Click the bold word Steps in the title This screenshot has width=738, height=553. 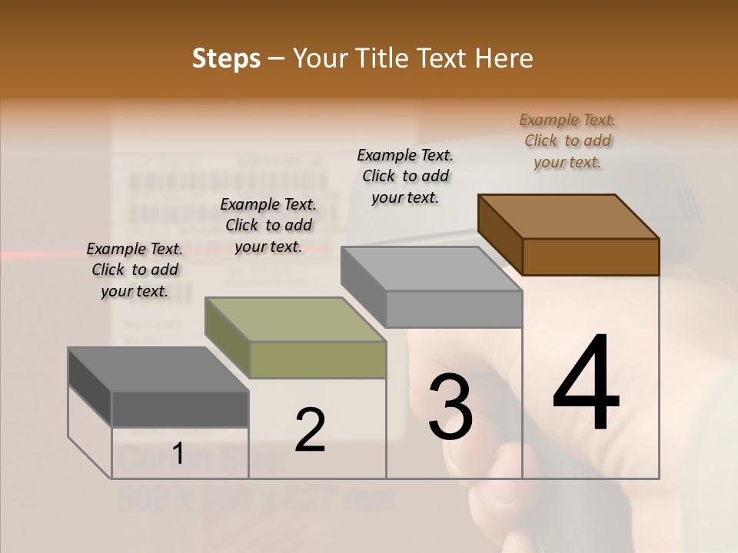(225, 59)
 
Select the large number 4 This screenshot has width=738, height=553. (586, 384)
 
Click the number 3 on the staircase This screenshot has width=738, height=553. (450, 406)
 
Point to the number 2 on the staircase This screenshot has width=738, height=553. (310, 429)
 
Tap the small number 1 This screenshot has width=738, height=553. (178, 453)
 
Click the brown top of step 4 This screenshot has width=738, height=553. (567, 217)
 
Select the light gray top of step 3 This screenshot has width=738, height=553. (430, 269)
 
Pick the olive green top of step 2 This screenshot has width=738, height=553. (294, 320)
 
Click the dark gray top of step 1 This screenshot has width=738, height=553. (157, 369)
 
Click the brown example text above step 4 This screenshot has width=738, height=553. (567, 141)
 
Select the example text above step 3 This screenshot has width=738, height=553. (405, 176)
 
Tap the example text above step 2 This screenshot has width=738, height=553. (268, 226)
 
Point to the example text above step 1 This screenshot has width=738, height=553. (135, 270)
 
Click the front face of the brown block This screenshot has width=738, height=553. (590, 257)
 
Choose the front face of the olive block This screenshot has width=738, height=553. (317, 359)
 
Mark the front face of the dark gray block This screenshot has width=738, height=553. (180, 409)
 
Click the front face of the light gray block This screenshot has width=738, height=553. (454, 309)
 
